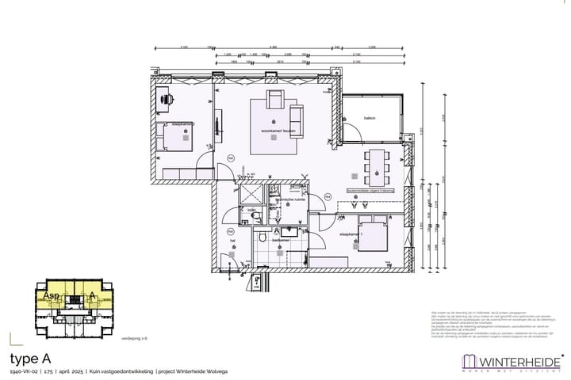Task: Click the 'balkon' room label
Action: click(x=369, y=119)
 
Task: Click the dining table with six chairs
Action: click(x=374, y=164)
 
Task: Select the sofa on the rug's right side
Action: click(x=297, y=118)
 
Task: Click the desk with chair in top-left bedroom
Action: click(x=167, y=100)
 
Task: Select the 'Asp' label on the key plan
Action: click(x=51, y=295)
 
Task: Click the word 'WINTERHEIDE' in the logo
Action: click(x=515, y=359)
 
